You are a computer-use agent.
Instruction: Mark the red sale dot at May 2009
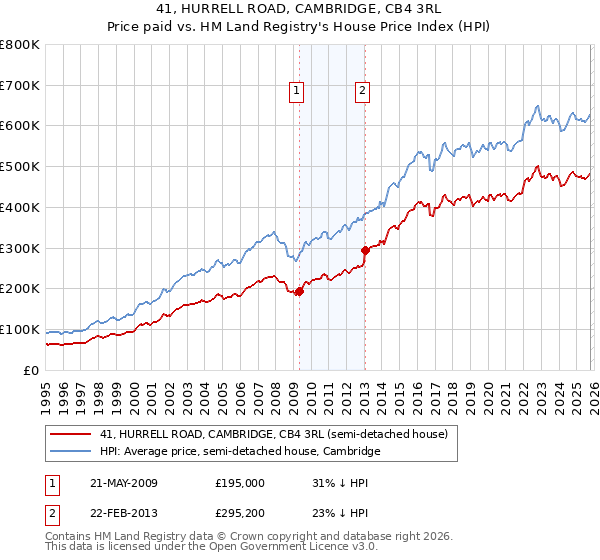click(x=299, y=291)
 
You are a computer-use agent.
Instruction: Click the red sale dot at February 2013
click(x=365, y=250)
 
